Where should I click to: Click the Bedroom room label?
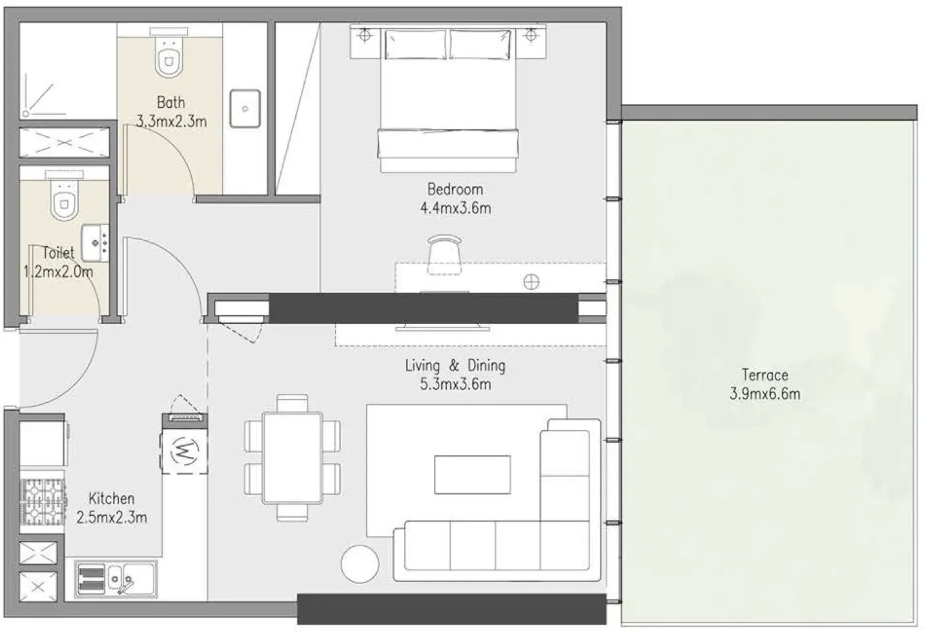pos(455,189)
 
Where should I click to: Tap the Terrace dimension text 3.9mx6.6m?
pos(765,394)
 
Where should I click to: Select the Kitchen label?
pos(112,498)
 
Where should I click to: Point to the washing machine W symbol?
pos(185,451)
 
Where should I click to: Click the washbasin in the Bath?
pos(245,108)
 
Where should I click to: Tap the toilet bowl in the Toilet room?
pos(64,200)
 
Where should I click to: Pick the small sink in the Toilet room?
pos(96,243)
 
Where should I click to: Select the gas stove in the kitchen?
pos(43,502)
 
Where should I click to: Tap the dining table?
pos(293,458)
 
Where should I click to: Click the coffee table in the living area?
pos(473,475)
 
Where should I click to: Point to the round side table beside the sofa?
pos(360,564)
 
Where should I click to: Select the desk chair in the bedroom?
pos(444,254)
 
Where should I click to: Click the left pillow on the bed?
pos(415,44)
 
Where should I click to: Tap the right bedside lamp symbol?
pos(531,36)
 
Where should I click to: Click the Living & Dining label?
pos(455,365)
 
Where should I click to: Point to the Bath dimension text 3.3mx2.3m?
pos(171,121)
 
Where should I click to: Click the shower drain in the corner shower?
pos(26,113)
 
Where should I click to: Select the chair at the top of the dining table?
pos(293,403)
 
